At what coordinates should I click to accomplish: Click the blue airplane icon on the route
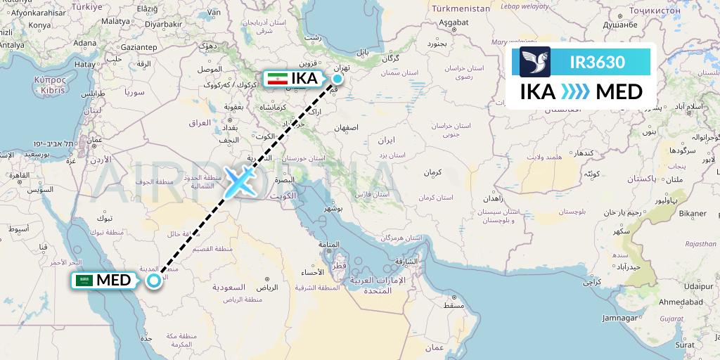pyautogui.click(x=240, y=182)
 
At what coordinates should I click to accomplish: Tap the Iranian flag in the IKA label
pyautogui.click(x=277, y=78)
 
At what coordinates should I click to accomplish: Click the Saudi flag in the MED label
pyautogui.click(x=85, y=281)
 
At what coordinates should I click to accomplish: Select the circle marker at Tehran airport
pyautogui.click(x=338, y=78)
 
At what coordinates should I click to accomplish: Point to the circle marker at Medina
pyautogui.click(x=153, y=281)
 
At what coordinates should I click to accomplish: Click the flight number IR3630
pyautogui.click(x=597, y=62)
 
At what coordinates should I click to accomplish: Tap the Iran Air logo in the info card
pyautogui.click(x=535, y=62)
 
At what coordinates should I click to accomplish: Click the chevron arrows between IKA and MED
pyautogui.click(x=576, y=92)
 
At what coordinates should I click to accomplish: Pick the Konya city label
pyautogui.click(x=40, y=25)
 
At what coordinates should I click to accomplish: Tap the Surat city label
pyautogui.click(x=684, y=345)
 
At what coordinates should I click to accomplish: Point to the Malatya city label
pyautogui.click(x=115, y=21)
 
